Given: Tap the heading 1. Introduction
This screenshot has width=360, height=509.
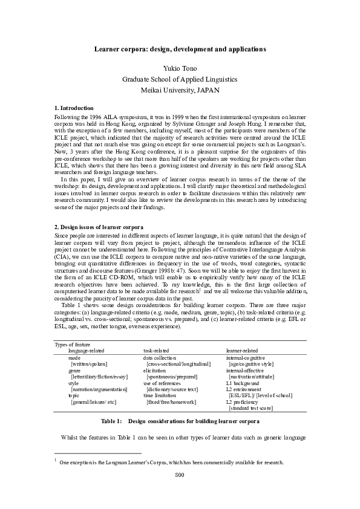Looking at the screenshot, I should tap(74, 108).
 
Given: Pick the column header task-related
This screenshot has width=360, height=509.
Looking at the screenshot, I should tap(156, 350).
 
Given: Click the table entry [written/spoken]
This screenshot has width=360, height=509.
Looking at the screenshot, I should tap(89, 365).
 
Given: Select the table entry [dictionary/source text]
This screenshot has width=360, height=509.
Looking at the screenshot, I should tap(172, 390).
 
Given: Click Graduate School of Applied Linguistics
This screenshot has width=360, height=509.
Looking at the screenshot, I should tap(180, 79).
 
